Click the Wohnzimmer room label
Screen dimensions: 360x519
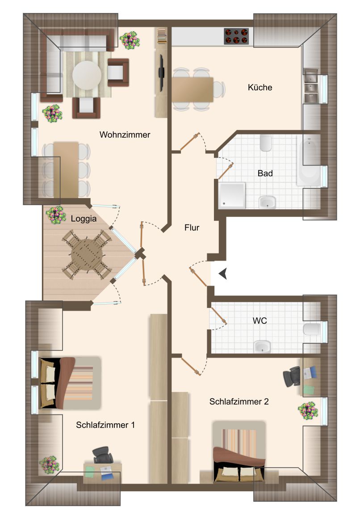(125, 135)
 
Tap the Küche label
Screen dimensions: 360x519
(260, 87)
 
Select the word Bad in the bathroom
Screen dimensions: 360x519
(265, 173)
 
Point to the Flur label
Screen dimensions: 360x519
(192, 228)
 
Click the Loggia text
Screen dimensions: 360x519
(84, 219)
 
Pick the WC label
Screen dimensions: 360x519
(260, 321)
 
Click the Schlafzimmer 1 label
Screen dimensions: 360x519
(105, 425)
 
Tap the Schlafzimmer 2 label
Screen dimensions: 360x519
(239, 401)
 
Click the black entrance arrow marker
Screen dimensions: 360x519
(223, 274)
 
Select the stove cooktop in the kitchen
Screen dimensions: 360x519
(236, 36)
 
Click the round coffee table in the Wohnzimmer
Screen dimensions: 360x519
(87, 75)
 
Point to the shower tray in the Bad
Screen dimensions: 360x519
(232, 195)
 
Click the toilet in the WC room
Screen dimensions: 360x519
(312, 329)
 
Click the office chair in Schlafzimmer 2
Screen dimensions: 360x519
(292, 376)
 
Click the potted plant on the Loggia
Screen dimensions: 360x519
(56, 215)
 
